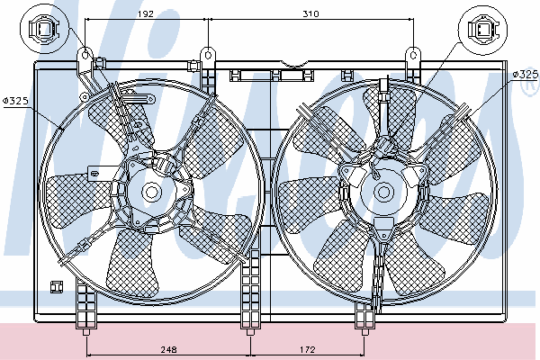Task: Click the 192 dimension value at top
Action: [147, 14]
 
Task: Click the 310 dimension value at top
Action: [311, 14]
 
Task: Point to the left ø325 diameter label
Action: [16, 100]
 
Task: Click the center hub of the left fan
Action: [151, 191]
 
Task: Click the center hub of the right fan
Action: [384, 191]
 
